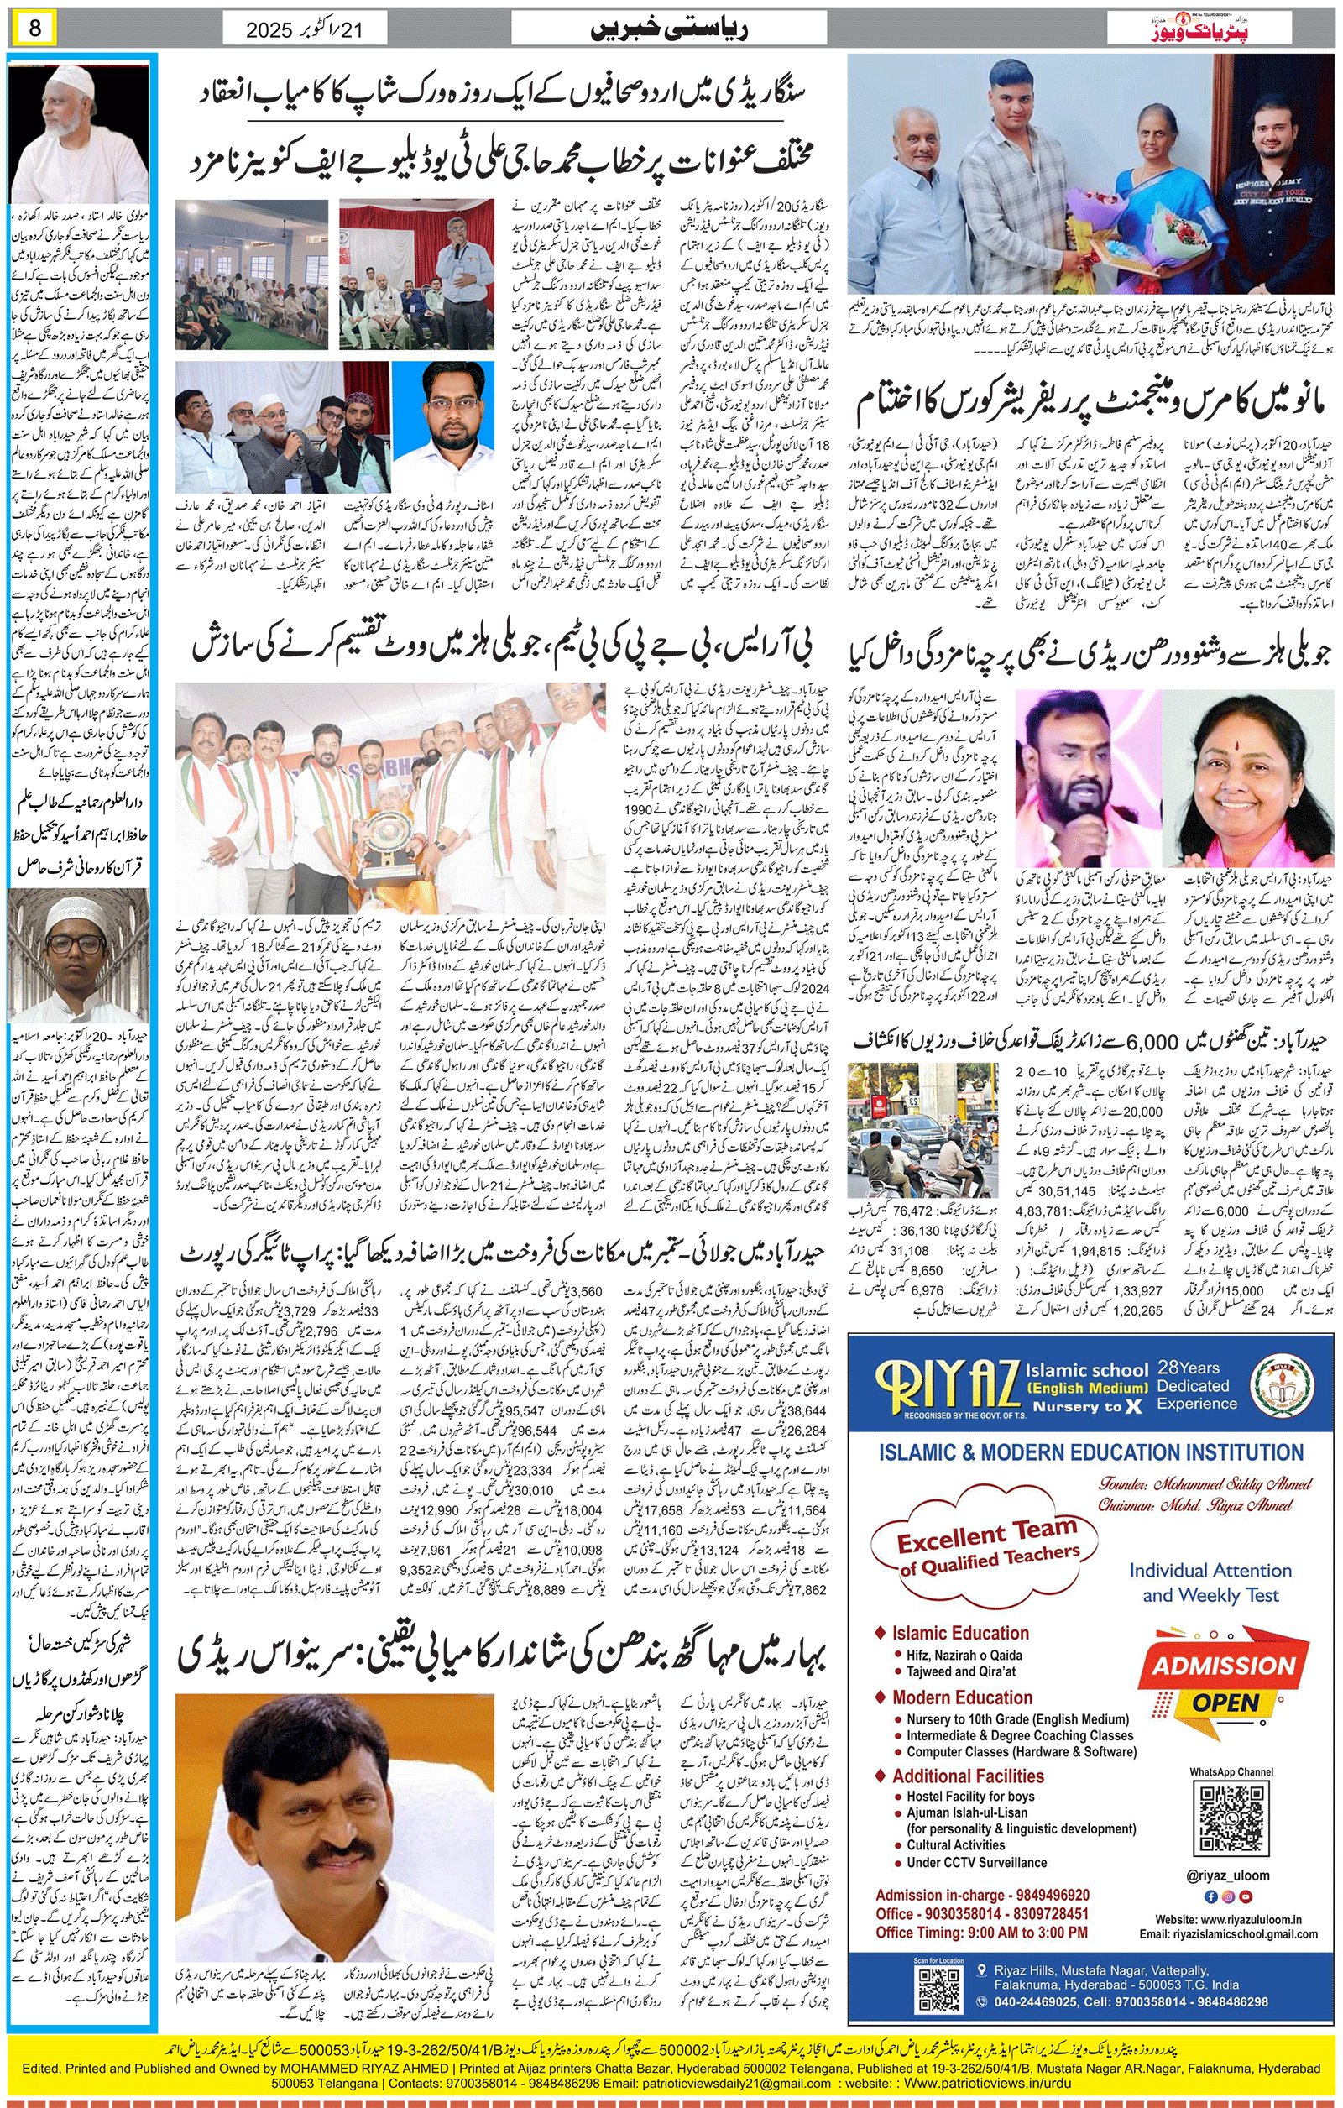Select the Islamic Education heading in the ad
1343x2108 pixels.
coord(959,1633)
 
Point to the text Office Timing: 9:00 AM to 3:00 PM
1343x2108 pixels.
coord(980,1932)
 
